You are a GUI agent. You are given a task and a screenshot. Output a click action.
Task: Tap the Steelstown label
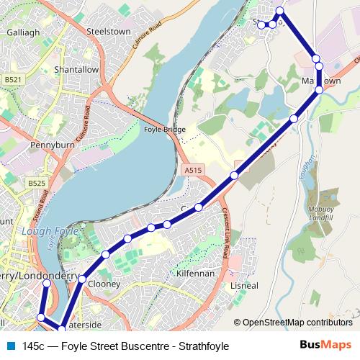[x=107, y=32]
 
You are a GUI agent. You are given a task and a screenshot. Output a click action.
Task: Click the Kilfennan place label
[x=194, y=274]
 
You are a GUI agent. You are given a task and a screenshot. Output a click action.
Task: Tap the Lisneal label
[x=243, y=286]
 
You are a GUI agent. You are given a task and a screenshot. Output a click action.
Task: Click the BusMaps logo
[x=325, y=346]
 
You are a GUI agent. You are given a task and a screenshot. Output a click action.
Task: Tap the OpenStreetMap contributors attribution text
[x=297, y=323]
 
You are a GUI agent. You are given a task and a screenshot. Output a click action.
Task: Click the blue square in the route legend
[x=10, y=346]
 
